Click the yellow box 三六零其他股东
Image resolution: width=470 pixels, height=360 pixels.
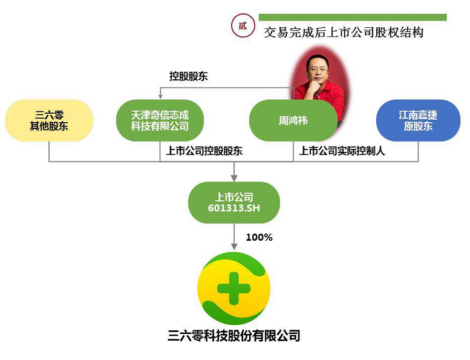(x=49, y=120)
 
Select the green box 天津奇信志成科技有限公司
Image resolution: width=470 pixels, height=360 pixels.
(x=160, y=120)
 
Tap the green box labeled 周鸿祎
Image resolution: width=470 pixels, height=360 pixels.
(x=293, y=121)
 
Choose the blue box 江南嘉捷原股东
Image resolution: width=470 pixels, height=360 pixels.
(x=418, y=120)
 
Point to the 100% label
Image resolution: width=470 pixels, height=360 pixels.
(x=259, y=238)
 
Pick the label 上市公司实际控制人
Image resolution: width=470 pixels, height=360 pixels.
(x=342, y=151)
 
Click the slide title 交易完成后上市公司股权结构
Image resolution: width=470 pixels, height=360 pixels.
(x=344, y=32)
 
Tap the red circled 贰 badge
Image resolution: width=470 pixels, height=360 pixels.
(x=243, y=25)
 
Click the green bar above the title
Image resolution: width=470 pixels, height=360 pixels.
(x=353, y=17)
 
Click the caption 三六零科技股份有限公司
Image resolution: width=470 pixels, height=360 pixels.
(x=234, y=335)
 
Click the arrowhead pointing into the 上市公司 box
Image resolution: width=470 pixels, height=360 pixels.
(x=234, y=178)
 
